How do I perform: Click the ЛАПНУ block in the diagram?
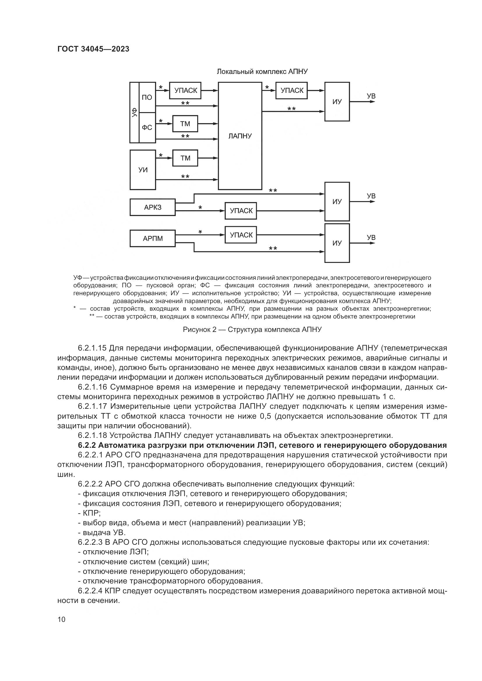pos(240,136)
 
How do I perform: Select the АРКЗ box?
pos(152,207)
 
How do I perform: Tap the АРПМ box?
pos(152,238)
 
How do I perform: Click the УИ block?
pos(143,170)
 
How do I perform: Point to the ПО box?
pos(147,97)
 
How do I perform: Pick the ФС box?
pos(147,128)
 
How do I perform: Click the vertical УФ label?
pos(134,112)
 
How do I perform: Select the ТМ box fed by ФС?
pos(185,124)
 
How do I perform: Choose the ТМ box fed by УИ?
pos(185,158)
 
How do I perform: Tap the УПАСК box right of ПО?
pos(185,91)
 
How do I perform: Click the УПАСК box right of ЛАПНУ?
pos(292,91)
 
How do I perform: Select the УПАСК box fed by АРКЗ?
pos(241,211)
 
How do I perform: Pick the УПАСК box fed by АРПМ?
pos(241,235)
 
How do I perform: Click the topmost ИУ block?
pos(337,101)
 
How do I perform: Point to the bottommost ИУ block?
pos(337,243)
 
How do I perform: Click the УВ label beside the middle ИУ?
pos(371,196)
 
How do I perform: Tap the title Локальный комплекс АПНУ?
pos(262,72)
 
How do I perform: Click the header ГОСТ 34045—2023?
pos(93,49)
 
